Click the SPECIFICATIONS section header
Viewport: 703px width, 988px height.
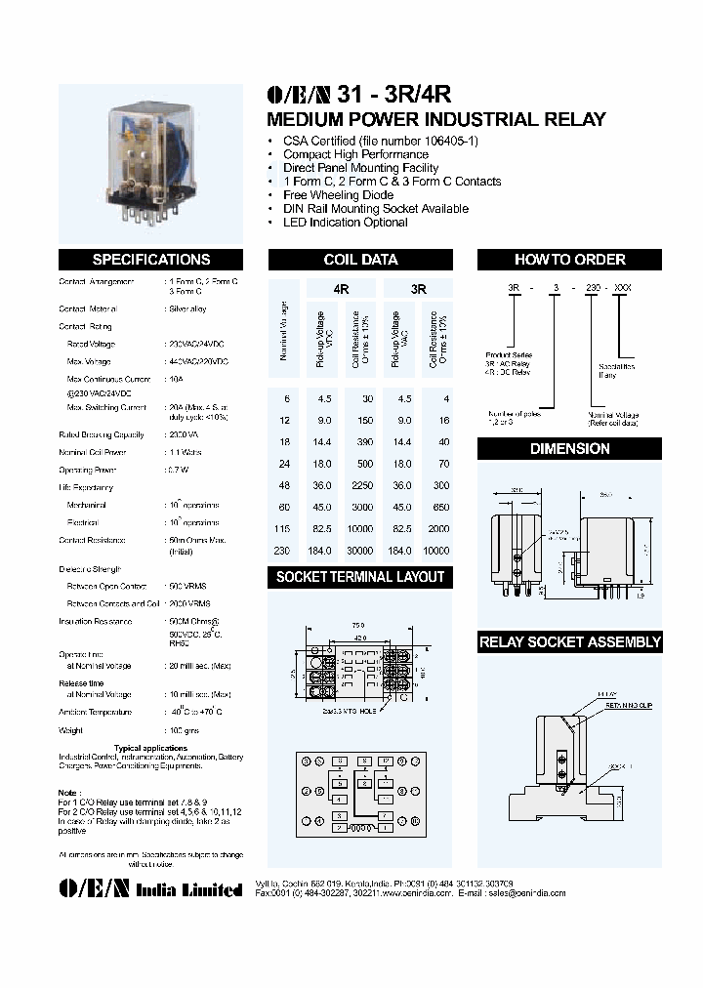(x=150, y=260)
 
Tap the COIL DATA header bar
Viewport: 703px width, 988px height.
(x=360, y=260)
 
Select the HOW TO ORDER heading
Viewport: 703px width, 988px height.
(x=569, y=260)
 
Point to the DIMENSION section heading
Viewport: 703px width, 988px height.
(x=569, y=449)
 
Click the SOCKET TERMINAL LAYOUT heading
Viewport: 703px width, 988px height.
(x=360, y=577)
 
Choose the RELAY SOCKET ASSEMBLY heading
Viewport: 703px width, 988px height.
(x=569, y=642)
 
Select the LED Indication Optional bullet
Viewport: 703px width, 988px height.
(x=345, y=223)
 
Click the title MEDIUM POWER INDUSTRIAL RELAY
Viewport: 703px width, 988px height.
(x=436, y=120)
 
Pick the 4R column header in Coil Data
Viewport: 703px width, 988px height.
(x=341, y=290)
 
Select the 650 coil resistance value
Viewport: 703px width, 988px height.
(x=440, y=507)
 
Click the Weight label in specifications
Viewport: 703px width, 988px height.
(x=70, y=729)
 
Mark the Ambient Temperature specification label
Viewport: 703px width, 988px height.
(x=96, y=712)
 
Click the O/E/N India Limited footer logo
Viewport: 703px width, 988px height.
(x=150, y=889)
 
